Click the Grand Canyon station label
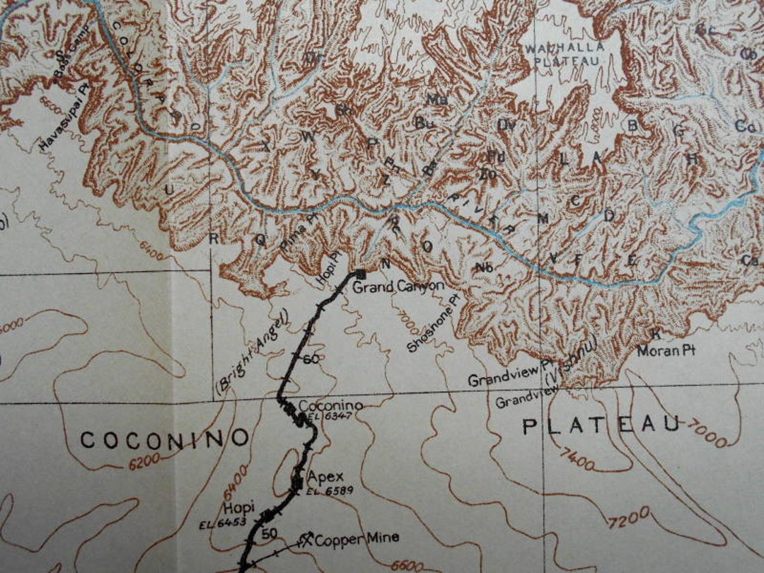398,287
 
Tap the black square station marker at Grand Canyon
360,274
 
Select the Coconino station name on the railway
330,406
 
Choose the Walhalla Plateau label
564,54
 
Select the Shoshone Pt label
433,324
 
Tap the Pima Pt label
295,235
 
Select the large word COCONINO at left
164,439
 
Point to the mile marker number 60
311,359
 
